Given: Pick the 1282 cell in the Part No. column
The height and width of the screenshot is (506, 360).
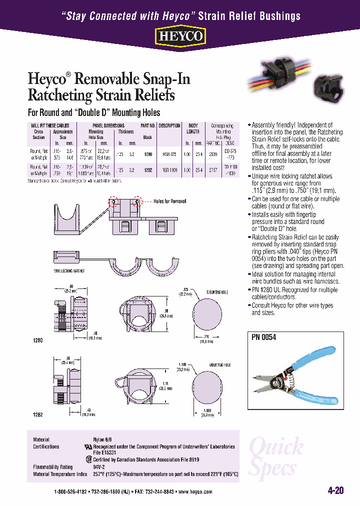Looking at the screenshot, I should tap(147, 170).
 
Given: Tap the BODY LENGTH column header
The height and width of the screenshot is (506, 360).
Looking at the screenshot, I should tap(193, 128).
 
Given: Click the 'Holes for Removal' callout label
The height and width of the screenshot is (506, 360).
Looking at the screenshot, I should tap(170, 201).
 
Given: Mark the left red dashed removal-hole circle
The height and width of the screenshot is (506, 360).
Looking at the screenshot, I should tap(114, 201).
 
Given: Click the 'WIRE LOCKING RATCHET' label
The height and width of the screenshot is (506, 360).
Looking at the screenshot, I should tap(69, 270).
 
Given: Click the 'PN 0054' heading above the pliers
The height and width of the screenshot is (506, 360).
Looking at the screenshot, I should tap(263, 337).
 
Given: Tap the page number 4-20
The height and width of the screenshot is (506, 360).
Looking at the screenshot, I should tap(335, 490).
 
